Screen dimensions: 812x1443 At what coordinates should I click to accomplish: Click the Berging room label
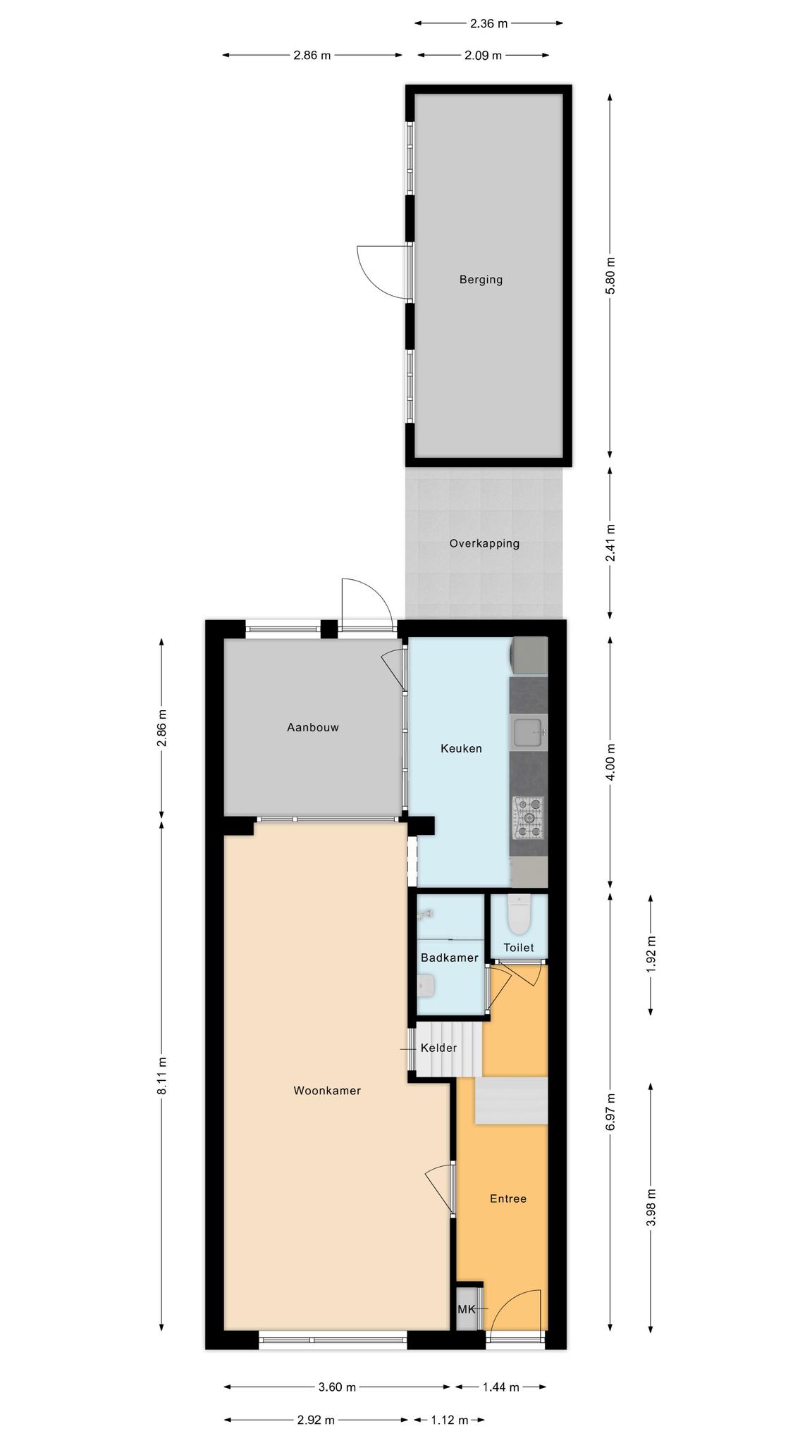[x=481, y=280]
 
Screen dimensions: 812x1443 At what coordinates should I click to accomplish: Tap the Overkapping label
[x=484, y=544]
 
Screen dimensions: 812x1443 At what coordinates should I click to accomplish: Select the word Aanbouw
[x=312, y=727]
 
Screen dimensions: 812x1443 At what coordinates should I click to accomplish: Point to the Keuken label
[x=461, y=748]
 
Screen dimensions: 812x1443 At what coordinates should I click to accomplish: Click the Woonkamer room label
[x=327, y=1091]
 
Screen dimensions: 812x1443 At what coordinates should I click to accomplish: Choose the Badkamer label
[x=449, y=958]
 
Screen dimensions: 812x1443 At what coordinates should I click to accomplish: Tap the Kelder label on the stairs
[x=438, y=1048]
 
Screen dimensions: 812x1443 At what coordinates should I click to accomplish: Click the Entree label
[x=508, y=1199]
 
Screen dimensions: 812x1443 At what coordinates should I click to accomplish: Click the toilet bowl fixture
[x=519, y=913]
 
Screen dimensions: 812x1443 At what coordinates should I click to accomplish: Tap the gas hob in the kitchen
[x=529, y=818]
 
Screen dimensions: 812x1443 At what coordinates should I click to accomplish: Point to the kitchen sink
[x=529, y=732]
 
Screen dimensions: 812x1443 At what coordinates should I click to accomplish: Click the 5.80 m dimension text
[x=610, y=274]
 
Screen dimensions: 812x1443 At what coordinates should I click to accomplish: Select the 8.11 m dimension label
[x=162, y=1075]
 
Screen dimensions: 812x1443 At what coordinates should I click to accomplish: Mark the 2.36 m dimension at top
[x=488, y=23]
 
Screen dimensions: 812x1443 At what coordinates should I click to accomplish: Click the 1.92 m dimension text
[x=651, y=955]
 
